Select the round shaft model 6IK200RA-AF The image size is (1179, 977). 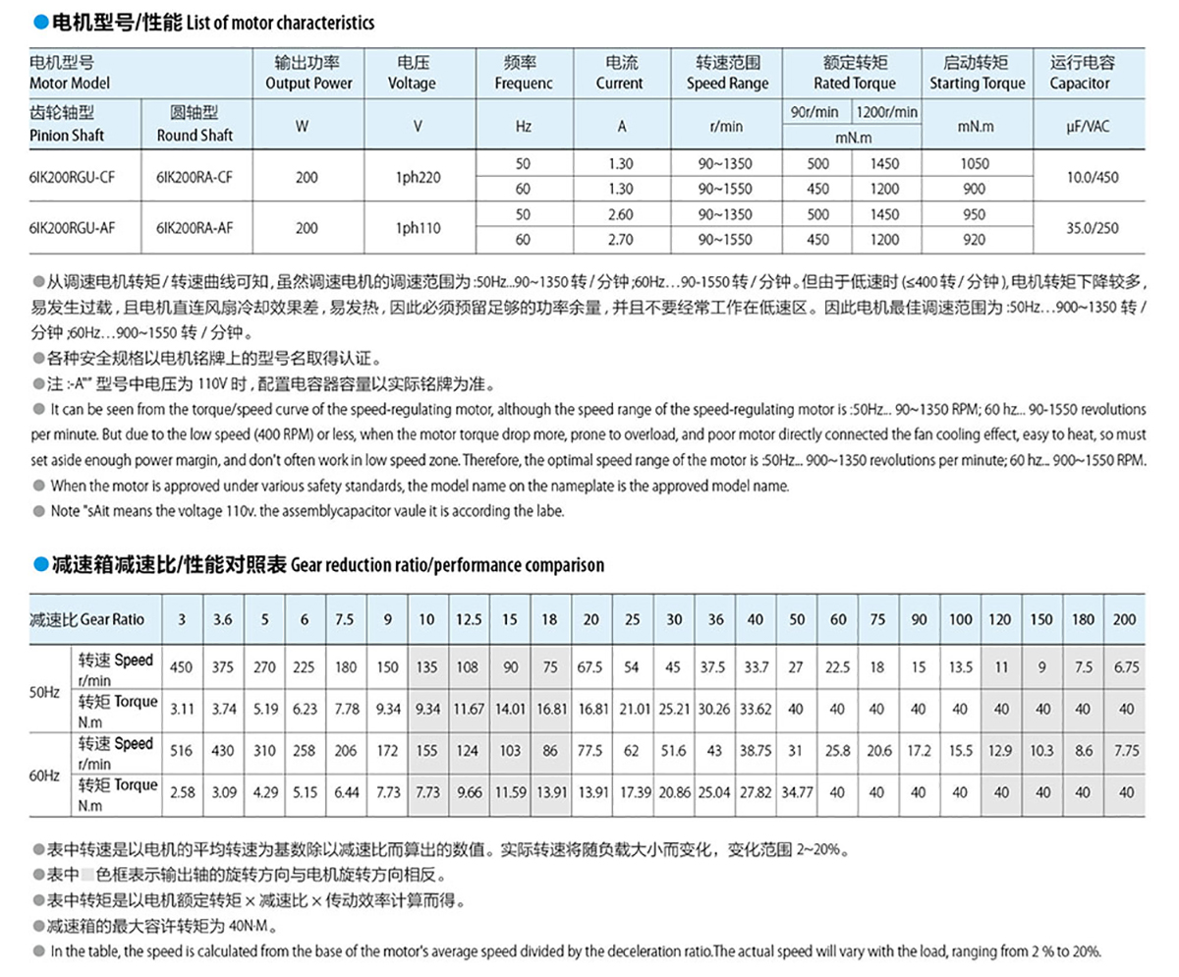[x=195, y=227]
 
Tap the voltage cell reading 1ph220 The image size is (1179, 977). [x=412, y=178]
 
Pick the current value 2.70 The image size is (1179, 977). [x=619, y=239]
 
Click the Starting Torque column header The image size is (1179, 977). [x=976, y=74]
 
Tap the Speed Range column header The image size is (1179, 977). [x=727, y=74]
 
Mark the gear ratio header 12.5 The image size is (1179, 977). [x=469, y=619]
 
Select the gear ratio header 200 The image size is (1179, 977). [x=1125, y=619]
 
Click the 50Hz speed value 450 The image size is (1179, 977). [x=182, y=667]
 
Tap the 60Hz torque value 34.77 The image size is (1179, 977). [x=796, y=791]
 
